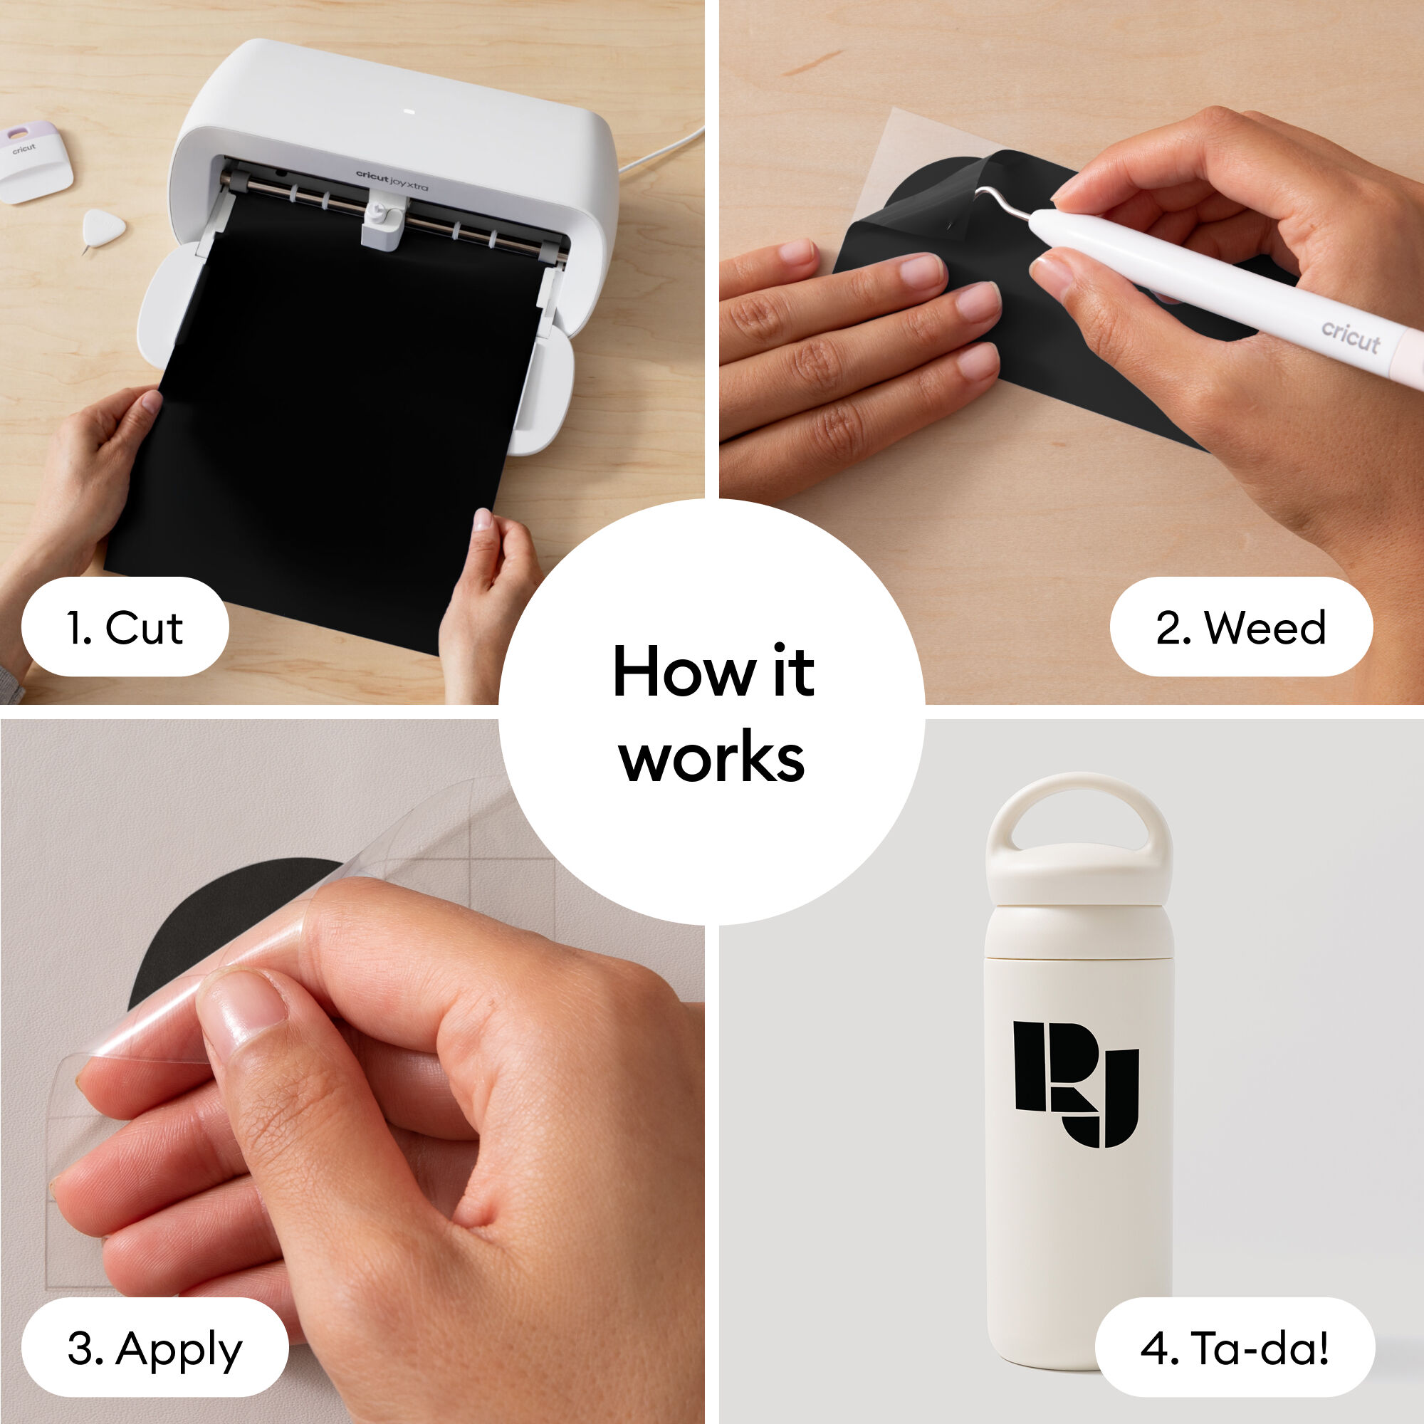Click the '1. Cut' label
[x=125, y=627]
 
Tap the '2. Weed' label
[x=1240, y=627]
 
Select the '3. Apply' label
[x=154, y=1348]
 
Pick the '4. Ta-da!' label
[x=1235, y=1348]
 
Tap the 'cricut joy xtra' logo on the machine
[x=392, y=179]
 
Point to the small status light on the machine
[x=410, y=112]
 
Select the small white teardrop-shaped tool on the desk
[x=101, y=228]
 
